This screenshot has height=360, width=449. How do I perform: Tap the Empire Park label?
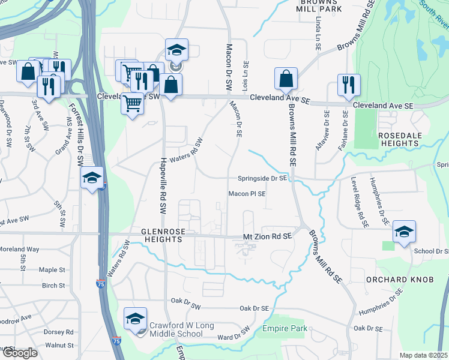[285, 328]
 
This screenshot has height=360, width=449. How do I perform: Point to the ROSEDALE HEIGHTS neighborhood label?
[399, 139]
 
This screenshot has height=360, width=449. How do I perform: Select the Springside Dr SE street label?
[262, 178]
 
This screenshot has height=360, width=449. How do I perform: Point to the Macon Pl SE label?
[247, 194]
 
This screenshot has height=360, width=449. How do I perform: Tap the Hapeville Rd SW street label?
[162, 184]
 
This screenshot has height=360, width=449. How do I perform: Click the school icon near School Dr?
[405, 232]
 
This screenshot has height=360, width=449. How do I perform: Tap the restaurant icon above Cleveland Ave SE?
[348, 86]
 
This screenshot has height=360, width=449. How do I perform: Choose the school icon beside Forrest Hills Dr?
[92, 178]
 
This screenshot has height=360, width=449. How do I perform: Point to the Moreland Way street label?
[19, 249]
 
